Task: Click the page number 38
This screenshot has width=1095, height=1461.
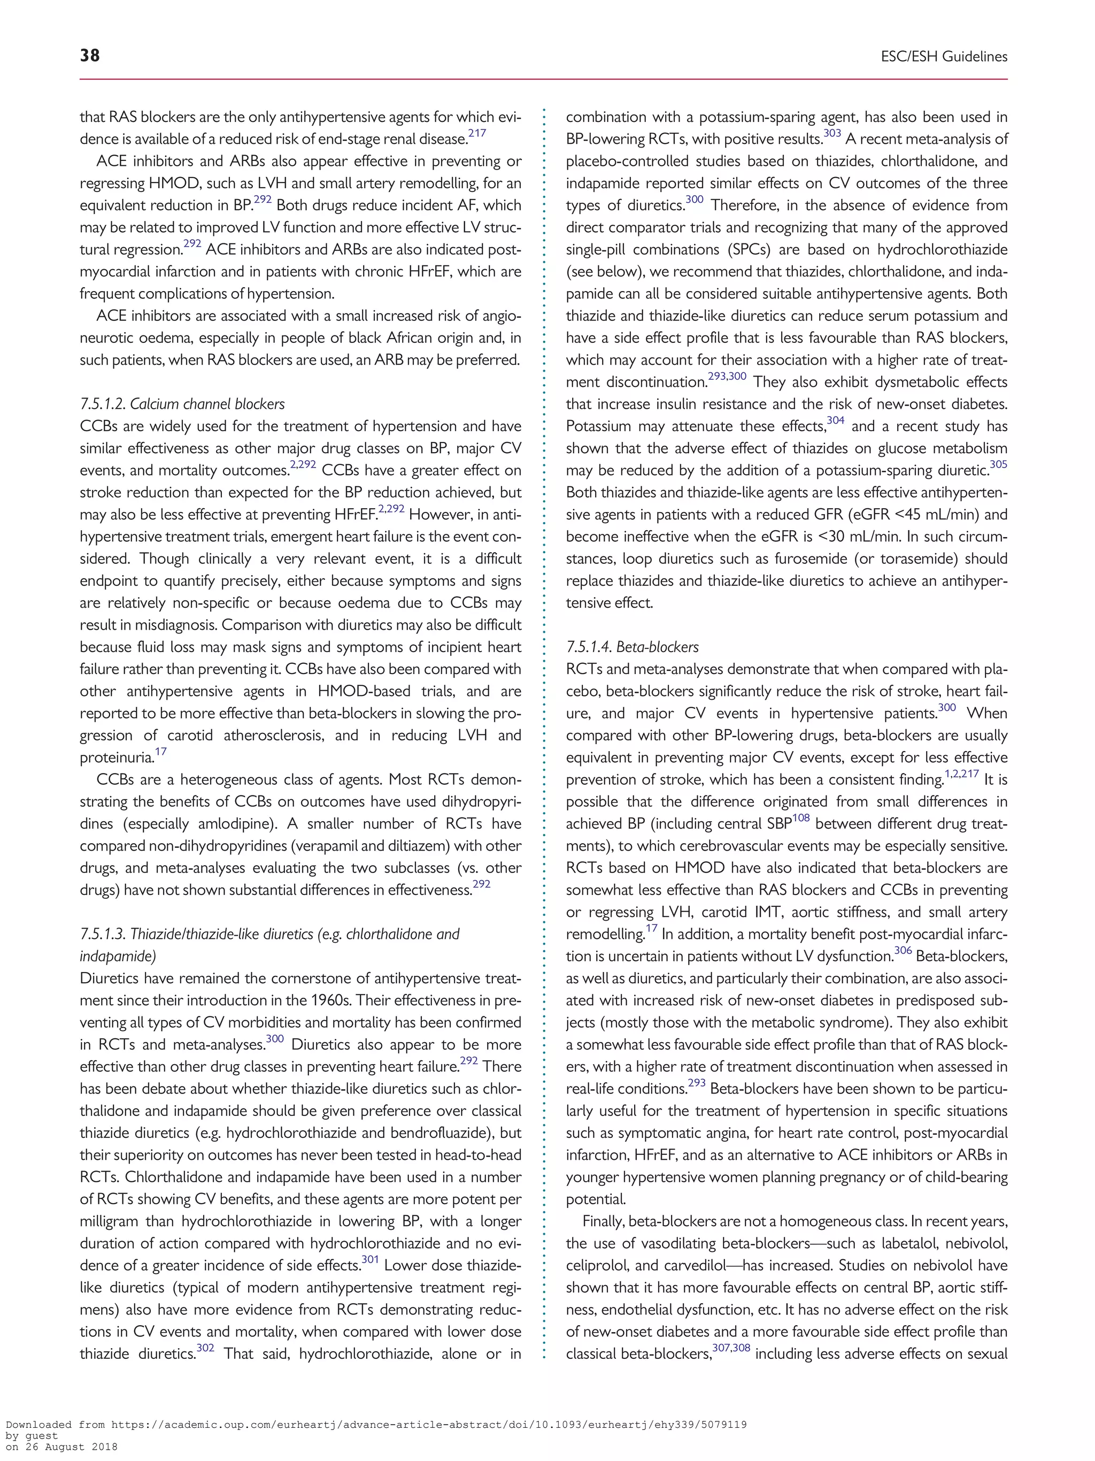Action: coord(90,56)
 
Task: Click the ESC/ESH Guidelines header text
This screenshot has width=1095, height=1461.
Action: coord(944,57)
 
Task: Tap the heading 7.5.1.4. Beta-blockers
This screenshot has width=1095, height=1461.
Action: coord(633,647)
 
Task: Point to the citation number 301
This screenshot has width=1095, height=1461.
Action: coord(369,1259)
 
